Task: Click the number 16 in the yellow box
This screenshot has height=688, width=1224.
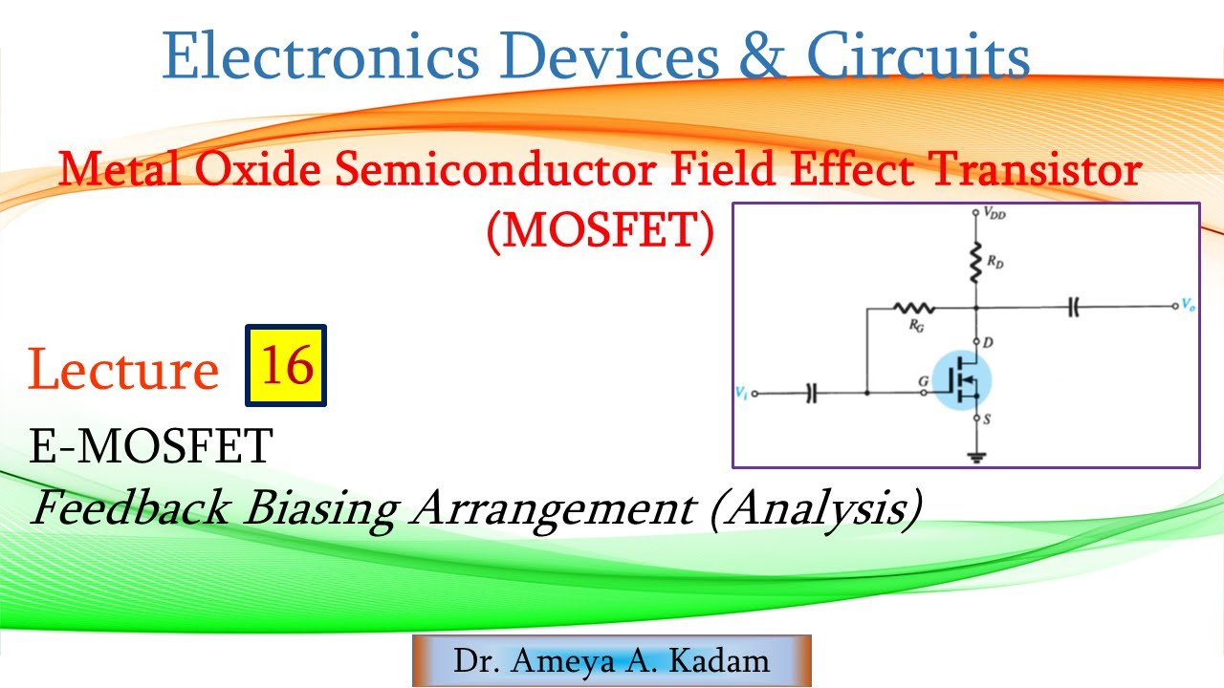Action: coord(287,365)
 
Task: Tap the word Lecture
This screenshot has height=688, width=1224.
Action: coord(123,371)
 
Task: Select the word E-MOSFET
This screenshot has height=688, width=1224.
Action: coord(151,446)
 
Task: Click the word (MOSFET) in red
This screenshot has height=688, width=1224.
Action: coord(601,232)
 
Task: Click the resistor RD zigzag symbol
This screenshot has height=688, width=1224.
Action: coord(975,261)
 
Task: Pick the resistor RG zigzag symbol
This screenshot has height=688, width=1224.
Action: coord(913,308)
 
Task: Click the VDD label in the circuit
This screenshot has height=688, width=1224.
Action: coord(994,215)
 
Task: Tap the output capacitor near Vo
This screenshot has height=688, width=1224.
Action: coord(1074,308)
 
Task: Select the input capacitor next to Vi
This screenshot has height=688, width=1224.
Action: coord(812,393)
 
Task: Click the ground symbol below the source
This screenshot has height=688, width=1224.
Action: coord(975,457)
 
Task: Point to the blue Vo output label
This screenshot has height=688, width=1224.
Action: coord(1188,306)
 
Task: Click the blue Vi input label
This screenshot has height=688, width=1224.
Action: coord(740,392)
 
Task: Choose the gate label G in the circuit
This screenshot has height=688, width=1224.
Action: coord(923,381)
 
